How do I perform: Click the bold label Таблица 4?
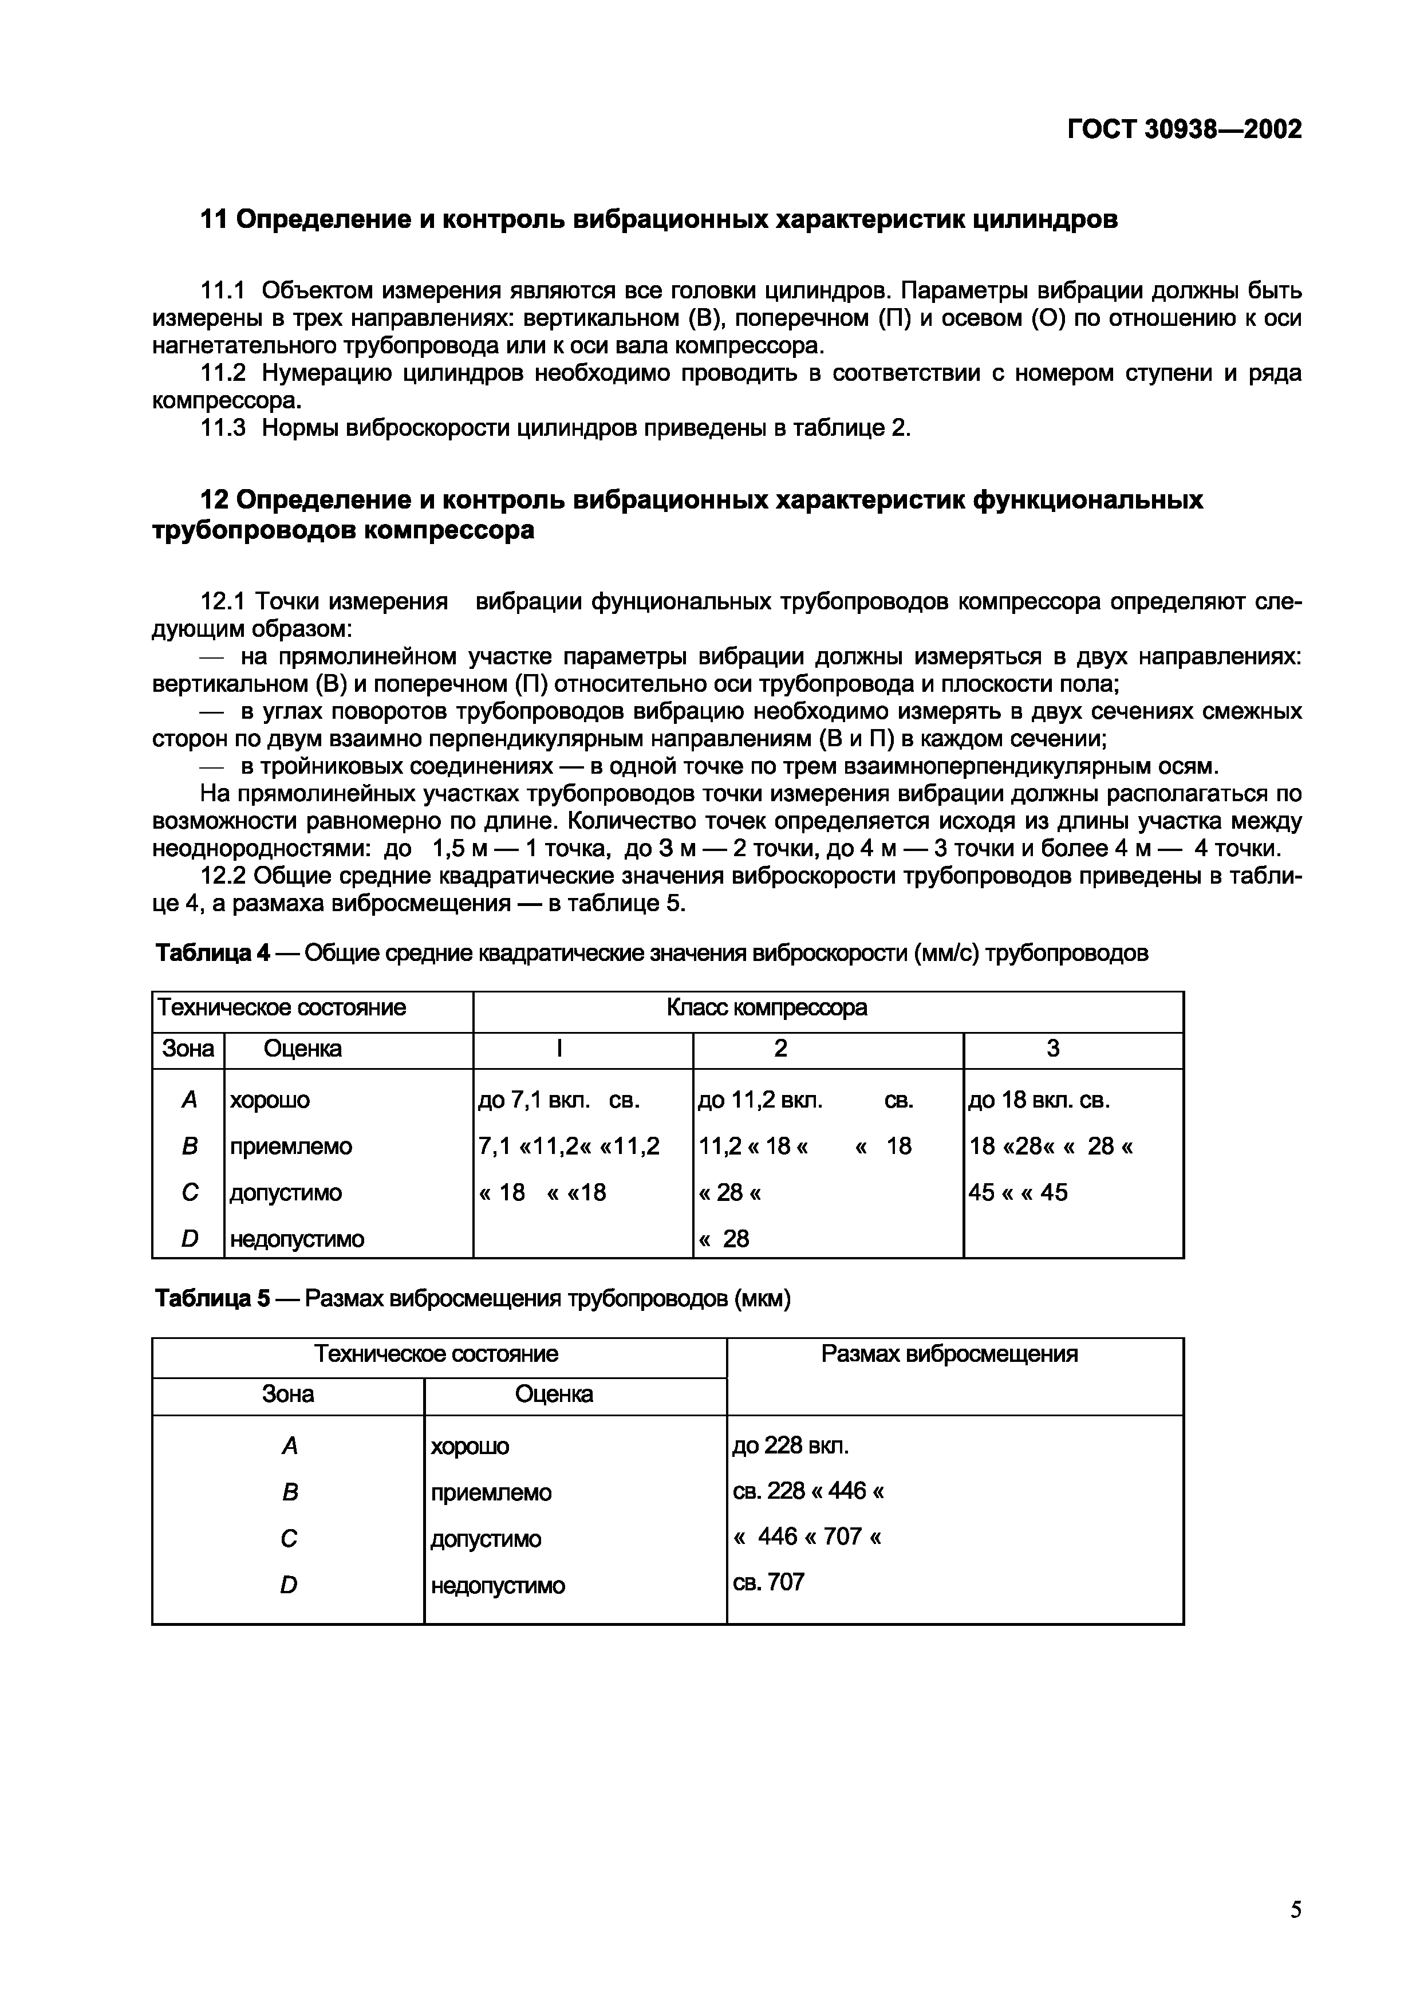[212, 953]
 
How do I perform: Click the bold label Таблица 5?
[212, 1300]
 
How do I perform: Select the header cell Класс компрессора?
[767, 1008]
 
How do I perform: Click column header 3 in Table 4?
[1054, 1048]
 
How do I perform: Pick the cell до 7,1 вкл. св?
[559, 1100]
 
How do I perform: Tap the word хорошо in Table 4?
[270, 1100]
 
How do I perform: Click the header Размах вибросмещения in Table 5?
[949, 1354]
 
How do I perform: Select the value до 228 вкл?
[790, 1445]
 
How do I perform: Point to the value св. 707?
[768, 1582]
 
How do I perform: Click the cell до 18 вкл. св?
[1039, 1100]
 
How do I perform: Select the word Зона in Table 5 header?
[288, 1394]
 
